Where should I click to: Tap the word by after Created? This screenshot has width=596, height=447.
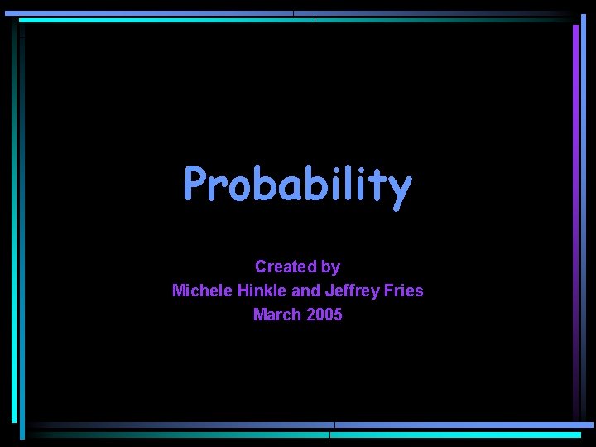pos(330,267)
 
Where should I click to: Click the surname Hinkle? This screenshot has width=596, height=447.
pos(259,291)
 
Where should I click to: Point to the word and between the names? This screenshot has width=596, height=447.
pos(305,291)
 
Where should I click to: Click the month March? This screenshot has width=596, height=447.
pos(276,315)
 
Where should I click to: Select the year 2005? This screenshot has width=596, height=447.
pos(323,315)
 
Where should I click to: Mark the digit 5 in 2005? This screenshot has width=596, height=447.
pos(337,315)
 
